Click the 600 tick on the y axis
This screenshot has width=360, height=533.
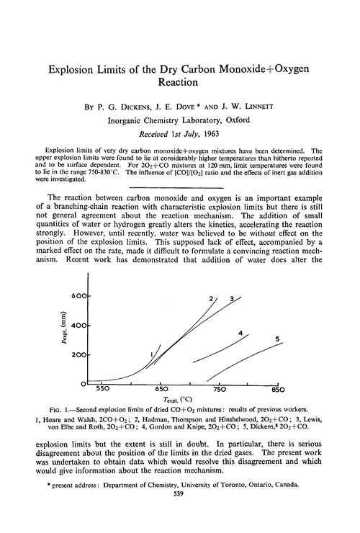(x=78, y=296)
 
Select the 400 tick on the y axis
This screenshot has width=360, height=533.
(x=78, y=326)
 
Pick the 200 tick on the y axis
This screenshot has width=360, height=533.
(x=78, y=355)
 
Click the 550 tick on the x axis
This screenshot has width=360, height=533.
(x=103, y=389)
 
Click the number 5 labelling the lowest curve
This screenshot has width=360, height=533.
(x=276, y=339)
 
